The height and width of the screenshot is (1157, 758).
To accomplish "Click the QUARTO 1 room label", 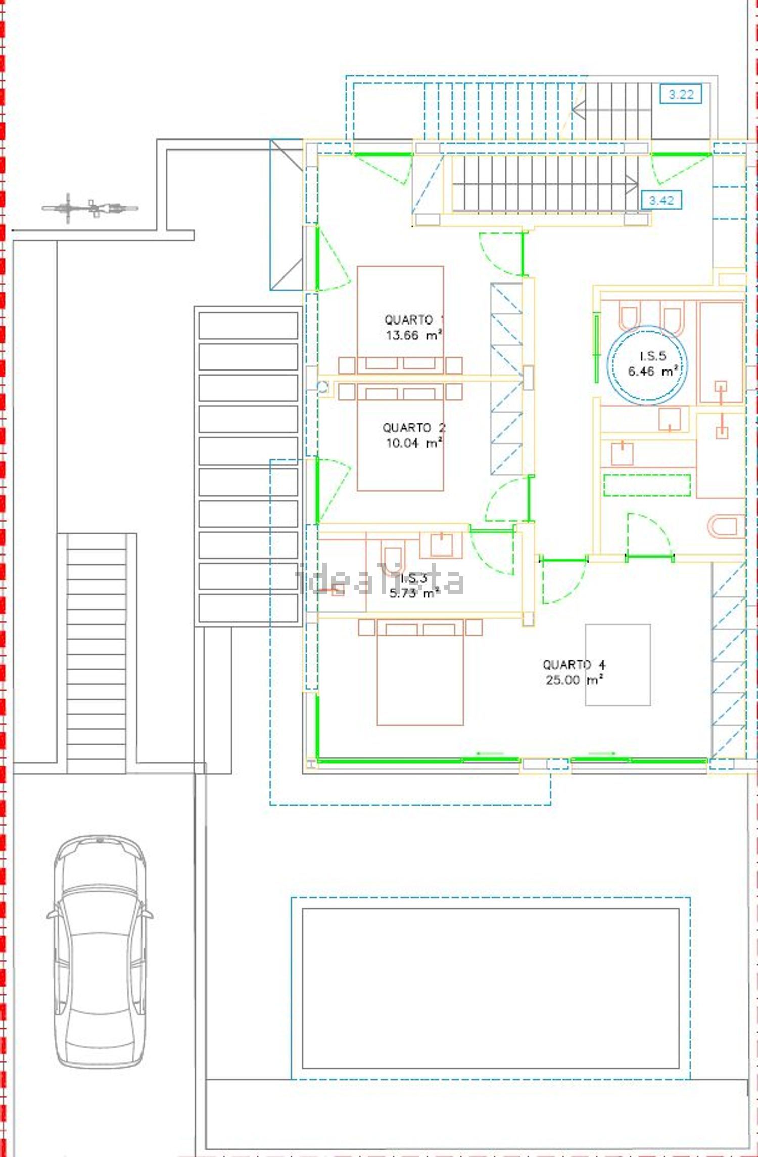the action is [x=414, y=319].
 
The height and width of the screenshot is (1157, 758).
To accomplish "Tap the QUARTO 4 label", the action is [x=574, y=664].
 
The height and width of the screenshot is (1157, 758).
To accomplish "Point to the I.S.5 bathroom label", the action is [x=653, y=356].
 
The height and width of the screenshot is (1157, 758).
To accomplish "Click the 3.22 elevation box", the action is [x=681, y=94].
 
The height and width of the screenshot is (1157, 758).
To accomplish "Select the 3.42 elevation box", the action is [x=661, y=200].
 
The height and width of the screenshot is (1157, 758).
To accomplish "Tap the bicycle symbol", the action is [x=90, y=208].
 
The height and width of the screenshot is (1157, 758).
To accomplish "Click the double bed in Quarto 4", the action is [x=420, y=672].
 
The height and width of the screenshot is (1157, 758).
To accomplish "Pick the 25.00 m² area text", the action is [x=575, y=680].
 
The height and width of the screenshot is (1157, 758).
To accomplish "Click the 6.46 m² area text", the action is [x=653, y=371].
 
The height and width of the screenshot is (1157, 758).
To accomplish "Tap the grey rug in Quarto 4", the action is [x=618, y=665].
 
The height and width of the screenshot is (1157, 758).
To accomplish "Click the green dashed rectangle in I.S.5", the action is [x=647, y=485].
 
